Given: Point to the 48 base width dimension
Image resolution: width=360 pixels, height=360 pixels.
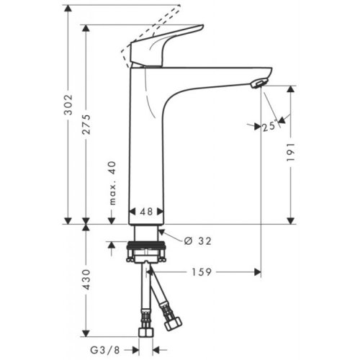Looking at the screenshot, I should [147, 212].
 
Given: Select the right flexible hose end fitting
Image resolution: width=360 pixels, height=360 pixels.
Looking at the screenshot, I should [173, 321].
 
